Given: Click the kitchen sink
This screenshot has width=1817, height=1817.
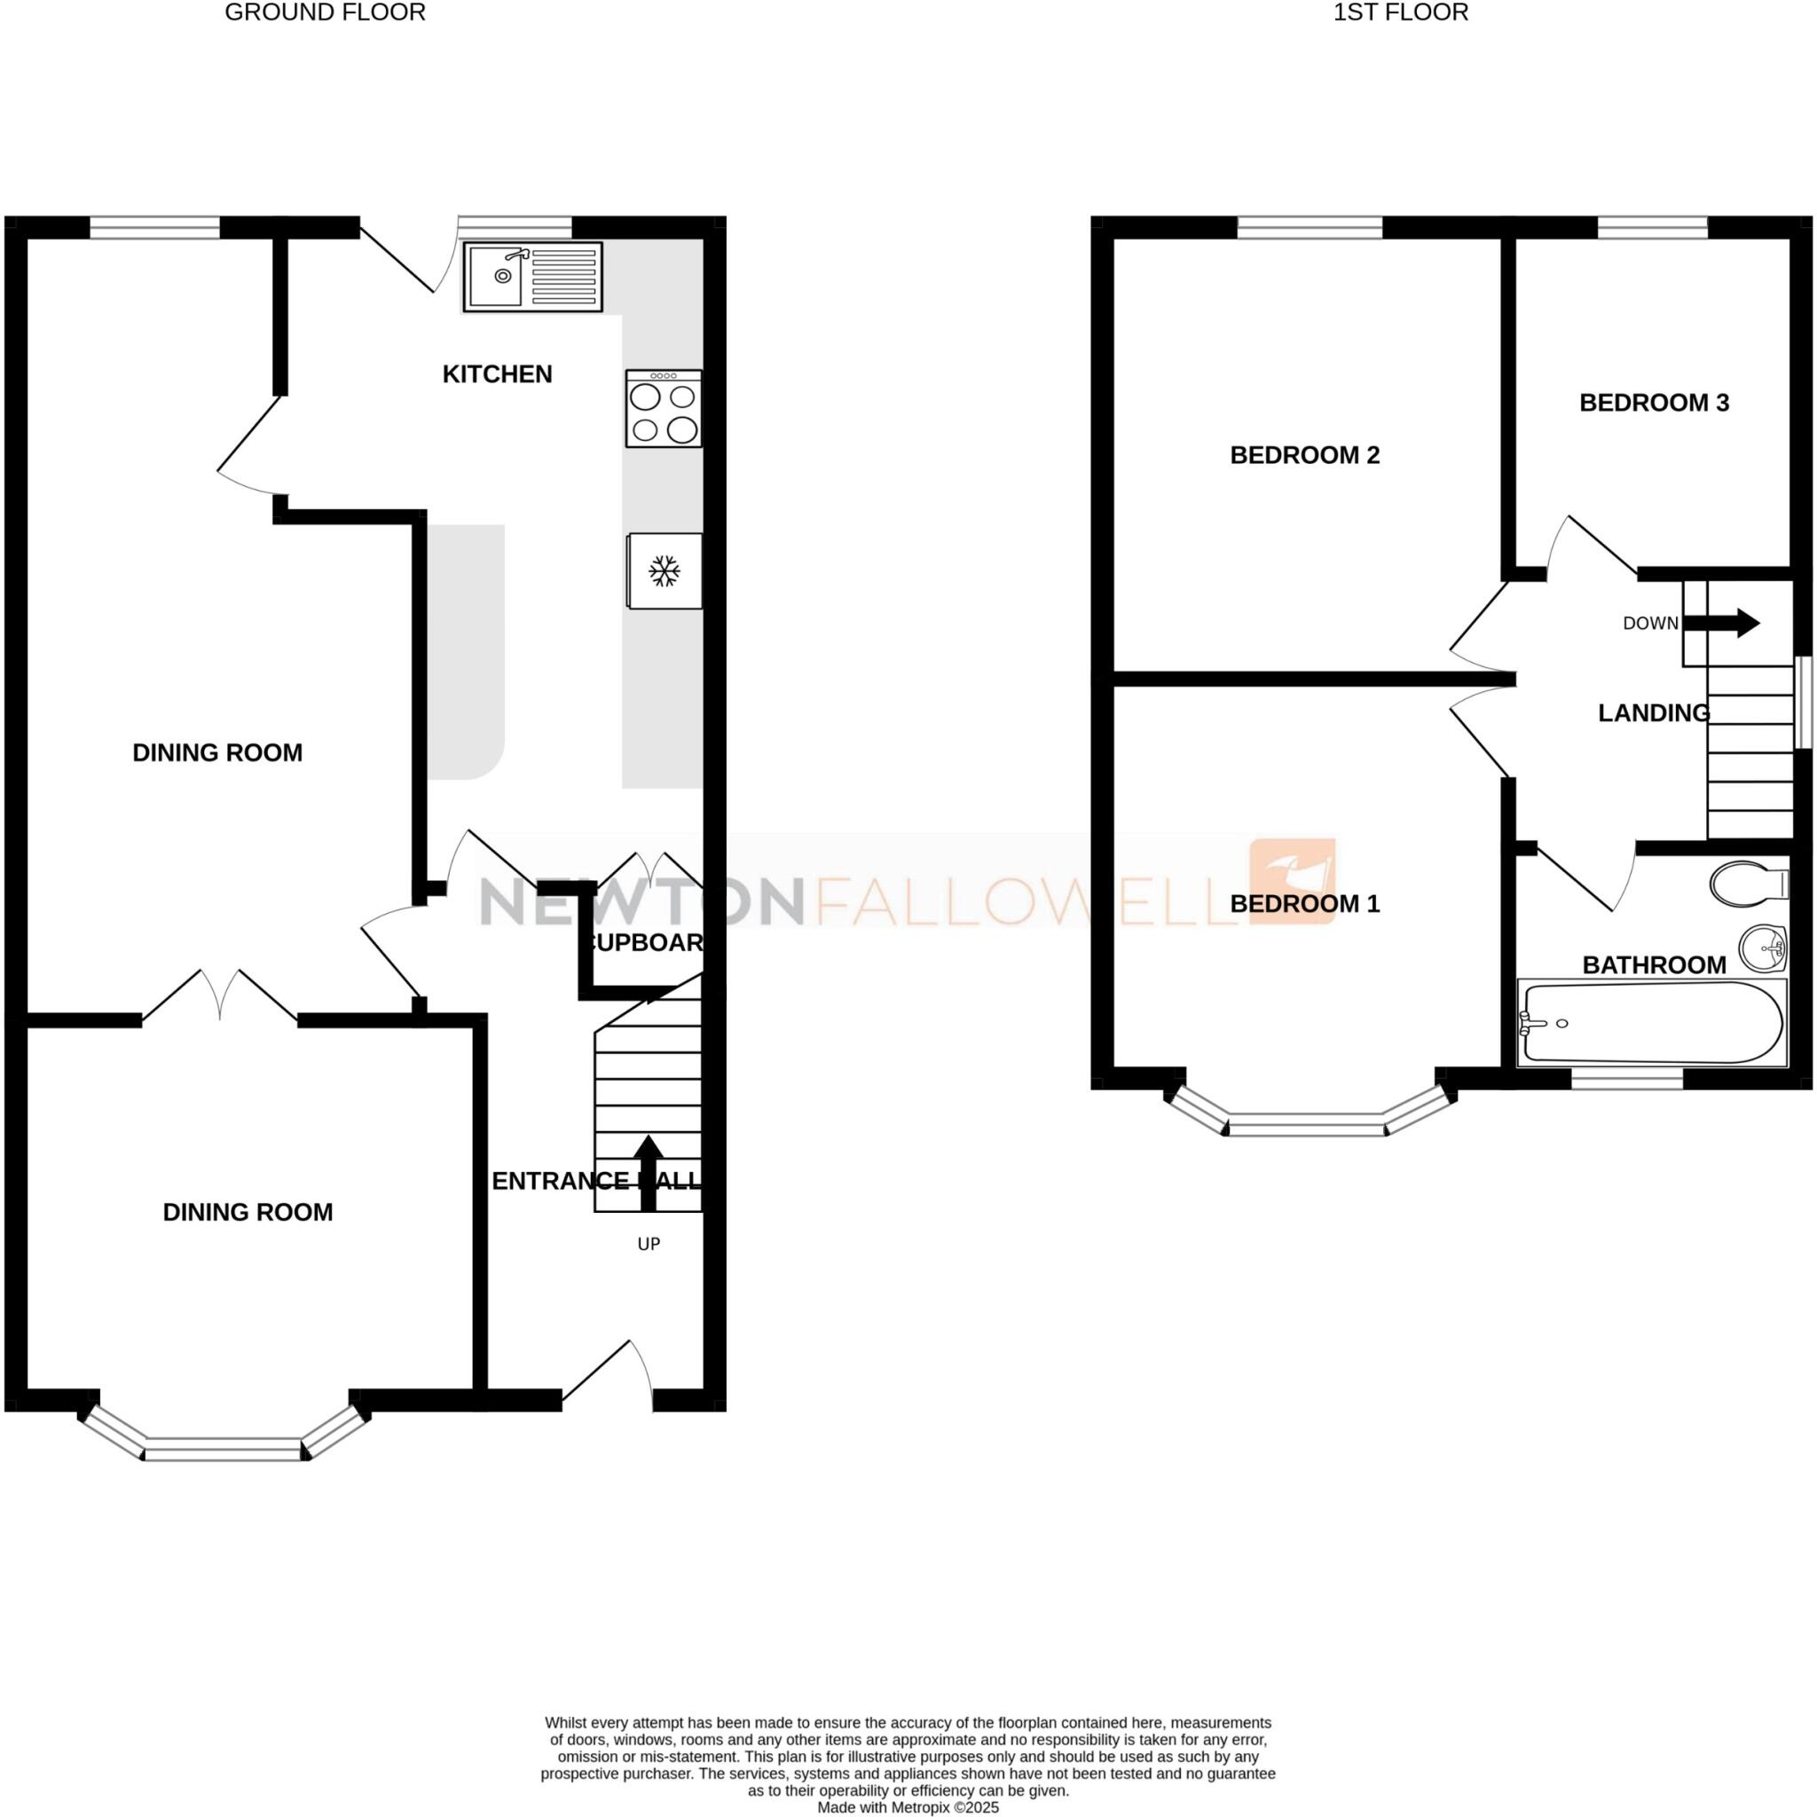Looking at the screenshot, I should click(532, 277).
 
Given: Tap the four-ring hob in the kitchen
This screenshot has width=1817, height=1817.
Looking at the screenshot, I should click(663, 408).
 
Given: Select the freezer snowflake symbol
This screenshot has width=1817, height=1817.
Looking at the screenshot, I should click(665, 570).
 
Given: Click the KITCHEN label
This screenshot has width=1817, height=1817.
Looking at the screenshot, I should click(497, 374).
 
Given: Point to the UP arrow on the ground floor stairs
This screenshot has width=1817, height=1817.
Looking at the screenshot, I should click(647, 1172).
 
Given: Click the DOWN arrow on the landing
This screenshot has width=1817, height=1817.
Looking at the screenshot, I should click(1720, 623).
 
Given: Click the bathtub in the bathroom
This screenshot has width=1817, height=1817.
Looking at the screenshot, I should click(1651, 1023).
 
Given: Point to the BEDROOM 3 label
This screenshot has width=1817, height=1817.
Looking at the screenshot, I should click(1654, 403).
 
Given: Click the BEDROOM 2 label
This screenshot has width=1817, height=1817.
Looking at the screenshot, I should click(1304, 455).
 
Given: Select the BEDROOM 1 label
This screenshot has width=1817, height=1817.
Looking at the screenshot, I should click(1304, 904).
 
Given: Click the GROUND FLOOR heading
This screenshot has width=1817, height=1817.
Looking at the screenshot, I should click(325, 12).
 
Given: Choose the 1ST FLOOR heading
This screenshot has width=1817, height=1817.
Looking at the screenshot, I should click(1400, 12).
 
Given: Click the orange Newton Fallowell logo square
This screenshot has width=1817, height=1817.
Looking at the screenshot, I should click(1291, 881).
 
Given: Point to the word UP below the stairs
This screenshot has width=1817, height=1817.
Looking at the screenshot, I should click(649, 1244).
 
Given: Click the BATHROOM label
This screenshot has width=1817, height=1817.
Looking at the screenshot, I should click(1654, 965).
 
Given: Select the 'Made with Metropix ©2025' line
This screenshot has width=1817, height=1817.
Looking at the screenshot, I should click(908, 1807).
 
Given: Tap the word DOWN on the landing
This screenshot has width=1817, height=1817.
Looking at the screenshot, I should click(1649, 624).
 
